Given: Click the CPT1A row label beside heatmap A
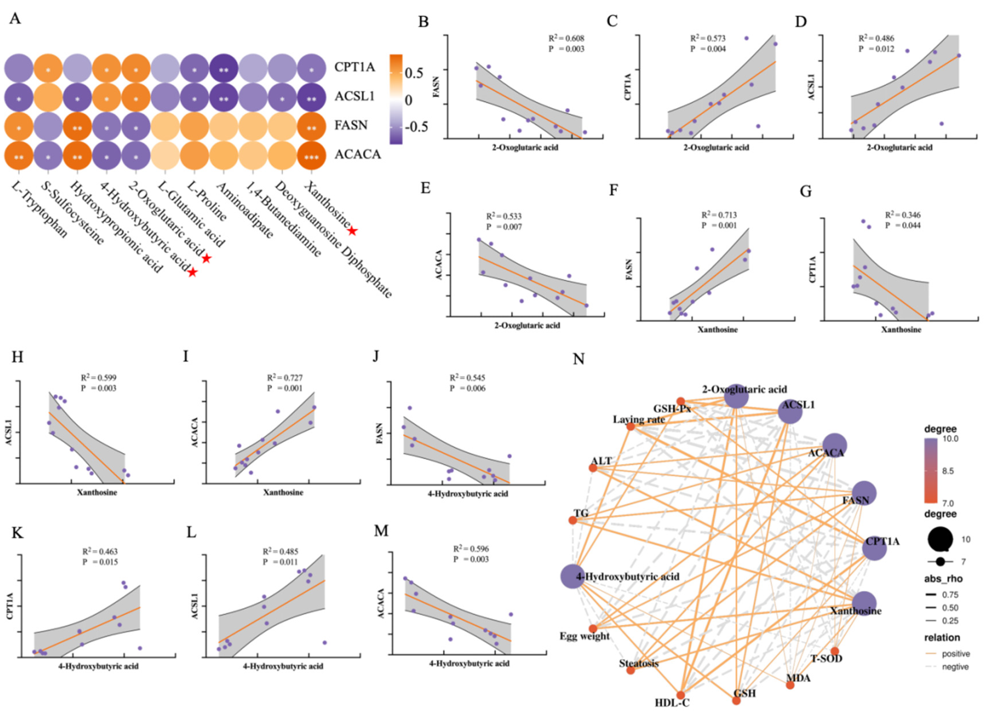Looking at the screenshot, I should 355,67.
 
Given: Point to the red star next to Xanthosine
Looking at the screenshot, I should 352,231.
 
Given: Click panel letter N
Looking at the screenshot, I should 579,359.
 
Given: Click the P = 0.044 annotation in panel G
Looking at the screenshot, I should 903,225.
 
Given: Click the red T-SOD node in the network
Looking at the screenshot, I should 835,651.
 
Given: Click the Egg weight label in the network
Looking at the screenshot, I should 584,636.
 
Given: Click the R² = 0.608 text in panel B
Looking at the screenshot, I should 566,39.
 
